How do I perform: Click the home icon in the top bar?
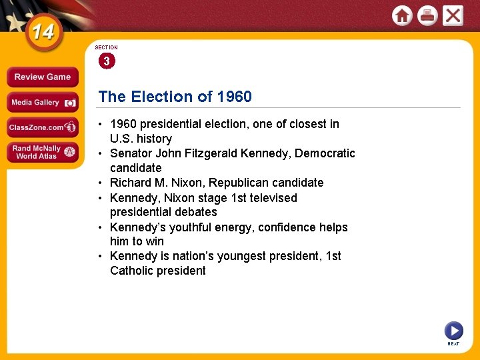point(402,15)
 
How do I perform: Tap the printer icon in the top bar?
point(427,15)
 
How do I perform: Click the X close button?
point(453,15)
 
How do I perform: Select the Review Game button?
point(41,77)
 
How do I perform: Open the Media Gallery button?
point(41,103)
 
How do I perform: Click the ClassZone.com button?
point(41,127)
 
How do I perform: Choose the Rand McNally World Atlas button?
point(41,153)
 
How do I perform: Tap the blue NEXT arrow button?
point(453,331)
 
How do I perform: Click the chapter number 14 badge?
point(43,33)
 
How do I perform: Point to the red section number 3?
point(106,61)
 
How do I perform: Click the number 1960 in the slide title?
point(234,97)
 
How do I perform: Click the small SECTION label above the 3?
point(106,48)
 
